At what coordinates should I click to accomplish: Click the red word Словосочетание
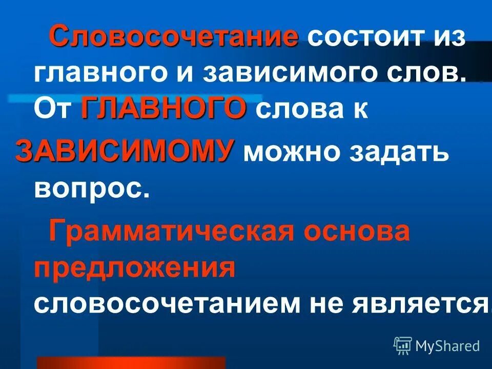[x=174, y=37]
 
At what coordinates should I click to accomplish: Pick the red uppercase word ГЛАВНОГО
[x=163, y=109]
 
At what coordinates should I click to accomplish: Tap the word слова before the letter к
[x=298, y=111]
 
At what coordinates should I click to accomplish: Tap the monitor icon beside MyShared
[x=403, y=346]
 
